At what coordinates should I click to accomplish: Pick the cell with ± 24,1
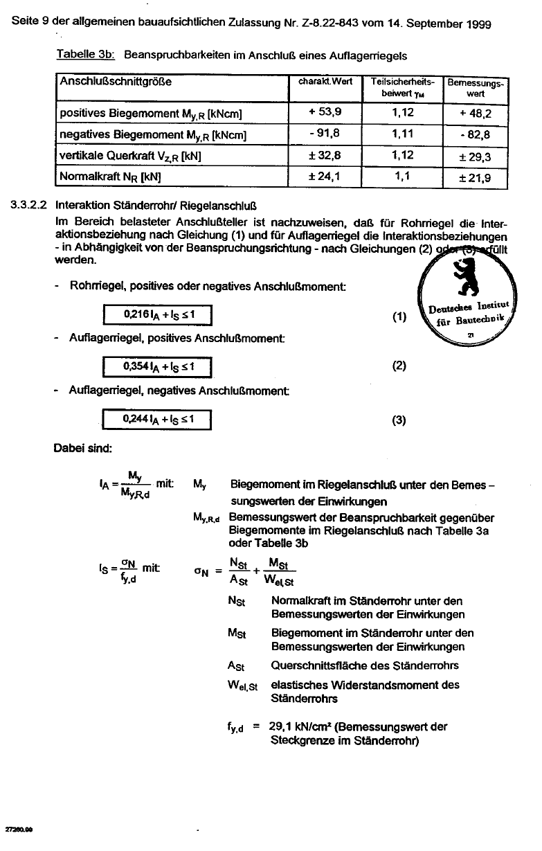point(324,177)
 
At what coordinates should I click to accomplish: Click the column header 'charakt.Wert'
point(325,81)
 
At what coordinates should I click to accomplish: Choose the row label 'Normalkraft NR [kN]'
point(111,177)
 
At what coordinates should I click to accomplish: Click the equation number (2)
point(399,366)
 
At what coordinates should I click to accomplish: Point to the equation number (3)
point(399,420)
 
